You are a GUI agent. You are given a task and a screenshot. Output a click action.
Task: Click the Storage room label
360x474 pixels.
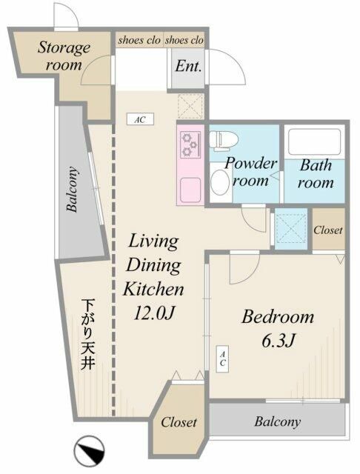(64, 56)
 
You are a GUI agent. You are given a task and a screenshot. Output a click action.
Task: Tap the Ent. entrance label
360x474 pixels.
(188, 67)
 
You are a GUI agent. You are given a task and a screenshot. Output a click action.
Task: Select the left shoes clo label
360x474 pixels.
(139, 40)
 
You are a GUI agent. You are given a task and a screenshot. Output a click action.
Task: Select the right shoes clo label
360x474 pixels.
(184, 40)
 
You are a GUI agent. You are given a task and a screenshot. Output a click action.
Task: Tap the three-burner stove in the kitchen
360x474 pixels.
(188, 144)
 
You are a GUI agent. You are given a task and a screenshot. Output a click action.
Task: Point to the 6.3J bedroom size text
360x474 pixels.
(278, 343)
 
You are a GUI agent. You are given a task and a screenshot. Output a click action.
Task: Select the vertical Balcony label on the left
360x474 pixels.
(73, 189)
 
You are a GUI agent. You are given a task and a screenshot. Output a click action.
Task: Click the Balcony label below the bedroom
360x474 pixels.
(278, 422)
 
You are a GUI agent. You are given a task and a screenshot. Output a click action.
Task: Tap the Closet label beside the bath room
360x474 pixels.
(327, 230)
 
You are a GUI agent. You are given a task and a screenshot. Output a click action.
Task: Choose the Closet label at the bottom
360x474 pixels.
(179, 422)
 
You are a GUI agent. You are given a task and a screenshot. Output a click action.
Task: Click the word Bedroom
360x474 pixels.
(279, 317)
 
